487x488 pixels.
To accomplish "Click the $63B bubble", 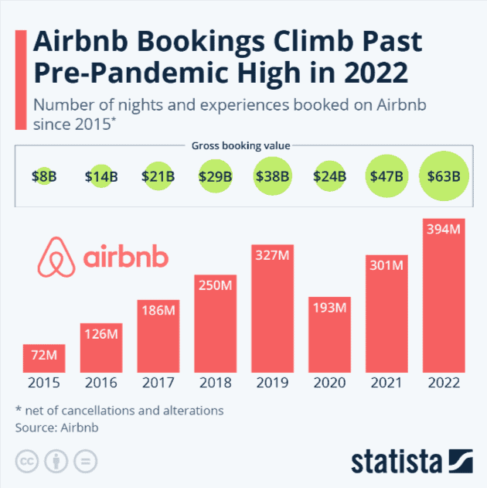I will tap(444, 176).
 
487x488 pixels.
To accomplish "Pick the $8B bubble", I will tap(43, 176).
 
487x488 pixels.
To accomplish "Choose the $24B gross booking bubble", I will tap(329, 176).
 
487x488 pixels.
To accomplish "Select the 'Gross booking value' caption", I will tap(243, 145).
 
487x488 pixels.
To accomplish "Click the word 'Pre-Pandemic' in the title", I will tap(115, 76).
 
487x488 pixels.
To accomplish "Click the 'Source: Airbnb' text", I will tap(57, 426).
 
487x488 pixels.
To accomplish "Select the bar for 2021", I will tap(387, 317).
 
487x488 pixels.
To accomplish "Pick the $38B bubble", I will tap(272, 176).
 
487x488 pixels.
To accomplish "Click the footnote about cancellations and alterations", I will tap(119, 409).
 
